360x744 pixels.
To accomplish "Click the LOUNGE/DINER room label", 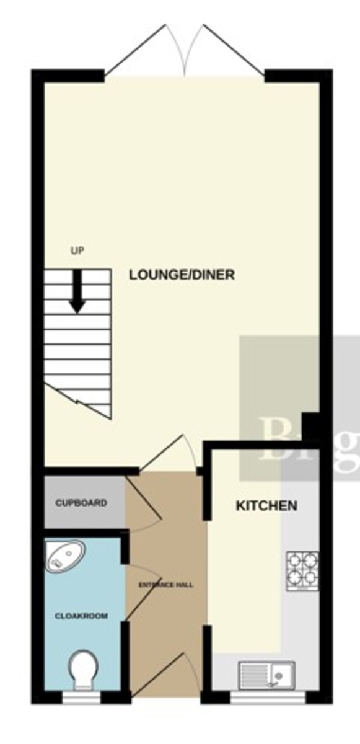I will pos(182,275).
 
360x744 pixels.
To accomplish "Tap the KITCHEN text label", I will pos(266,506).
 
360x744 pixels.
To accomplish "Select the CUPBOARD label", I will pos(81,503).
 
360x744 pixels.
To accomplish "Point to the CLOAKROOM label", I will pos(81,616).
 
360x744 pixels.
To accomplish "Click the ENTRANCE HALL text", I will pos(165,585).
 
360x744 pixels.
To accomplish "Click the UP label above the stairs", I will pos(77,251).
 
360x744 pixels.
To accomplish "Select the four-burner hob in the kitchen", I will pos(302,569).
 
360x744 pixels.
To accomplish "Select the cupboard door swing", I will pos(144,505).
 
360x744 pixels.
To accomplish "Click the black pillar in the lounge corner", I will pos(310,427).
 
